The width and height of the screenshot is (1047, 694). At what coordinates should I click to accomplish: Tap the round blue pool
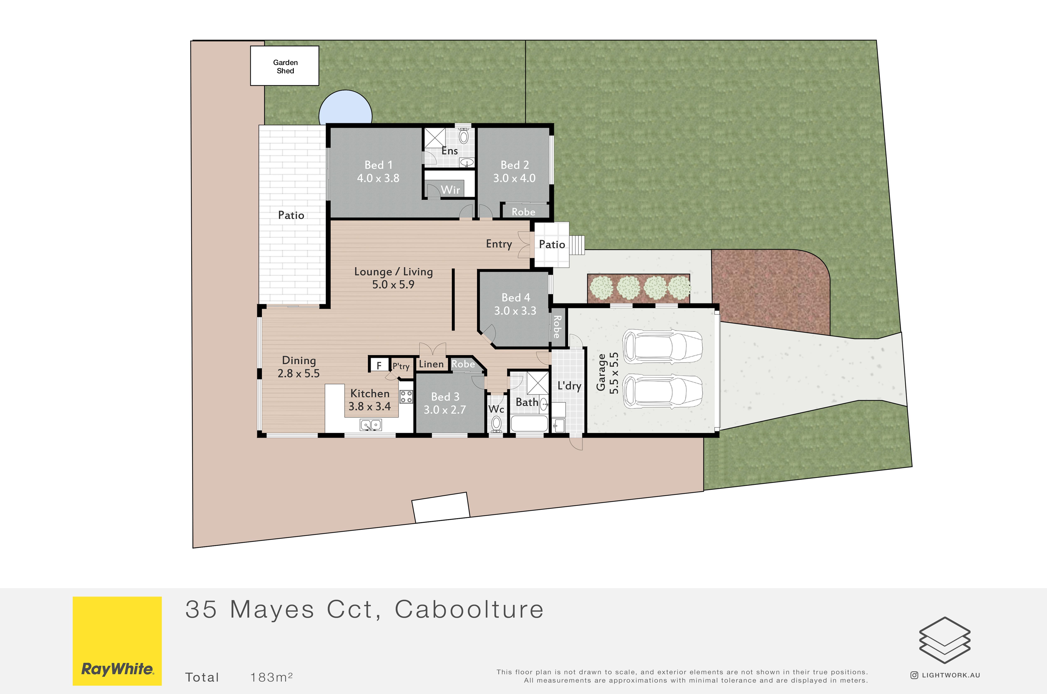tap(345, 107)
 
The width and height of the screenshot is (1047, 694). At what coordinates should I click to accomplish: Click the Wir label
tap(450, 190)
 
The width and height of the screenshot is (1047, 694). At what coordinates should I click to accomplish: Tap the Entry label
tap(499, 244)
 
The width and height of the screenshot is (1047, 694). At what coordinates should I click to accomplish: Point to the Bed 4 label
tap(515, 297)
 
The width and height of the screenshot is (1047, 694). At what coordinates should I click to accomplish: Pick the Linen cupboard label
tap(431, 364)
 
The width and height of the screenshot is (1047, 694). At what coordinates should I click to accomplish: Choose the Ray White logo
tap(117, 641)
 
